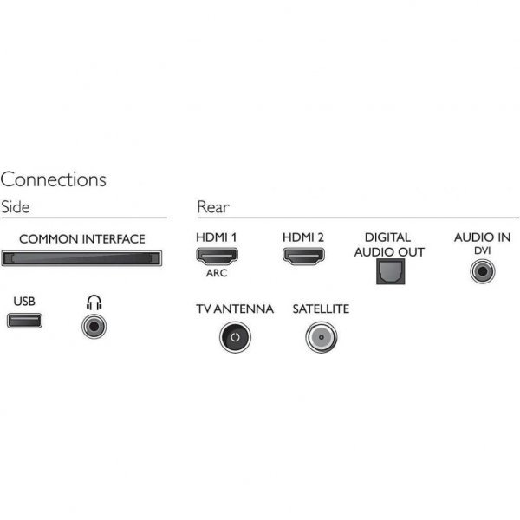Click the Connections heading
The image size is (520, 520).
[53, 179]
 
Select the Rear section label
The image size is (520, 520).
[212, 207]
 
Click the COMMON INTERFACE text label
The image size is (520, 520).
[81, 238]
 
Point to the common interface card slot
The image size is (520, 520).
[81, 258]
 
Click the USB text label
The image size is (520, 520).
[25, 302]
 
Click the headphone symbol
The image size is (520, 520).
[94, 302]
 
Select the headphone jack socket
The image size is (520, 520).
[94, 327]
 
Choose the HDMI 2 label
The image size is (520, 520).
[302, 237]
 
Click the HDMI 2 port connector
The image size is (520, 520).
[302, 256]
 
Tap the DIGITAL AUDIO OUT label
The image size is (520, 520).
[389, 244]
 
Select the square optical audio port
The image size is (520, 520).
[387, 272]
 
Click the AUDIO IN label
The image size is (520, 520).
[482, 237]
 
